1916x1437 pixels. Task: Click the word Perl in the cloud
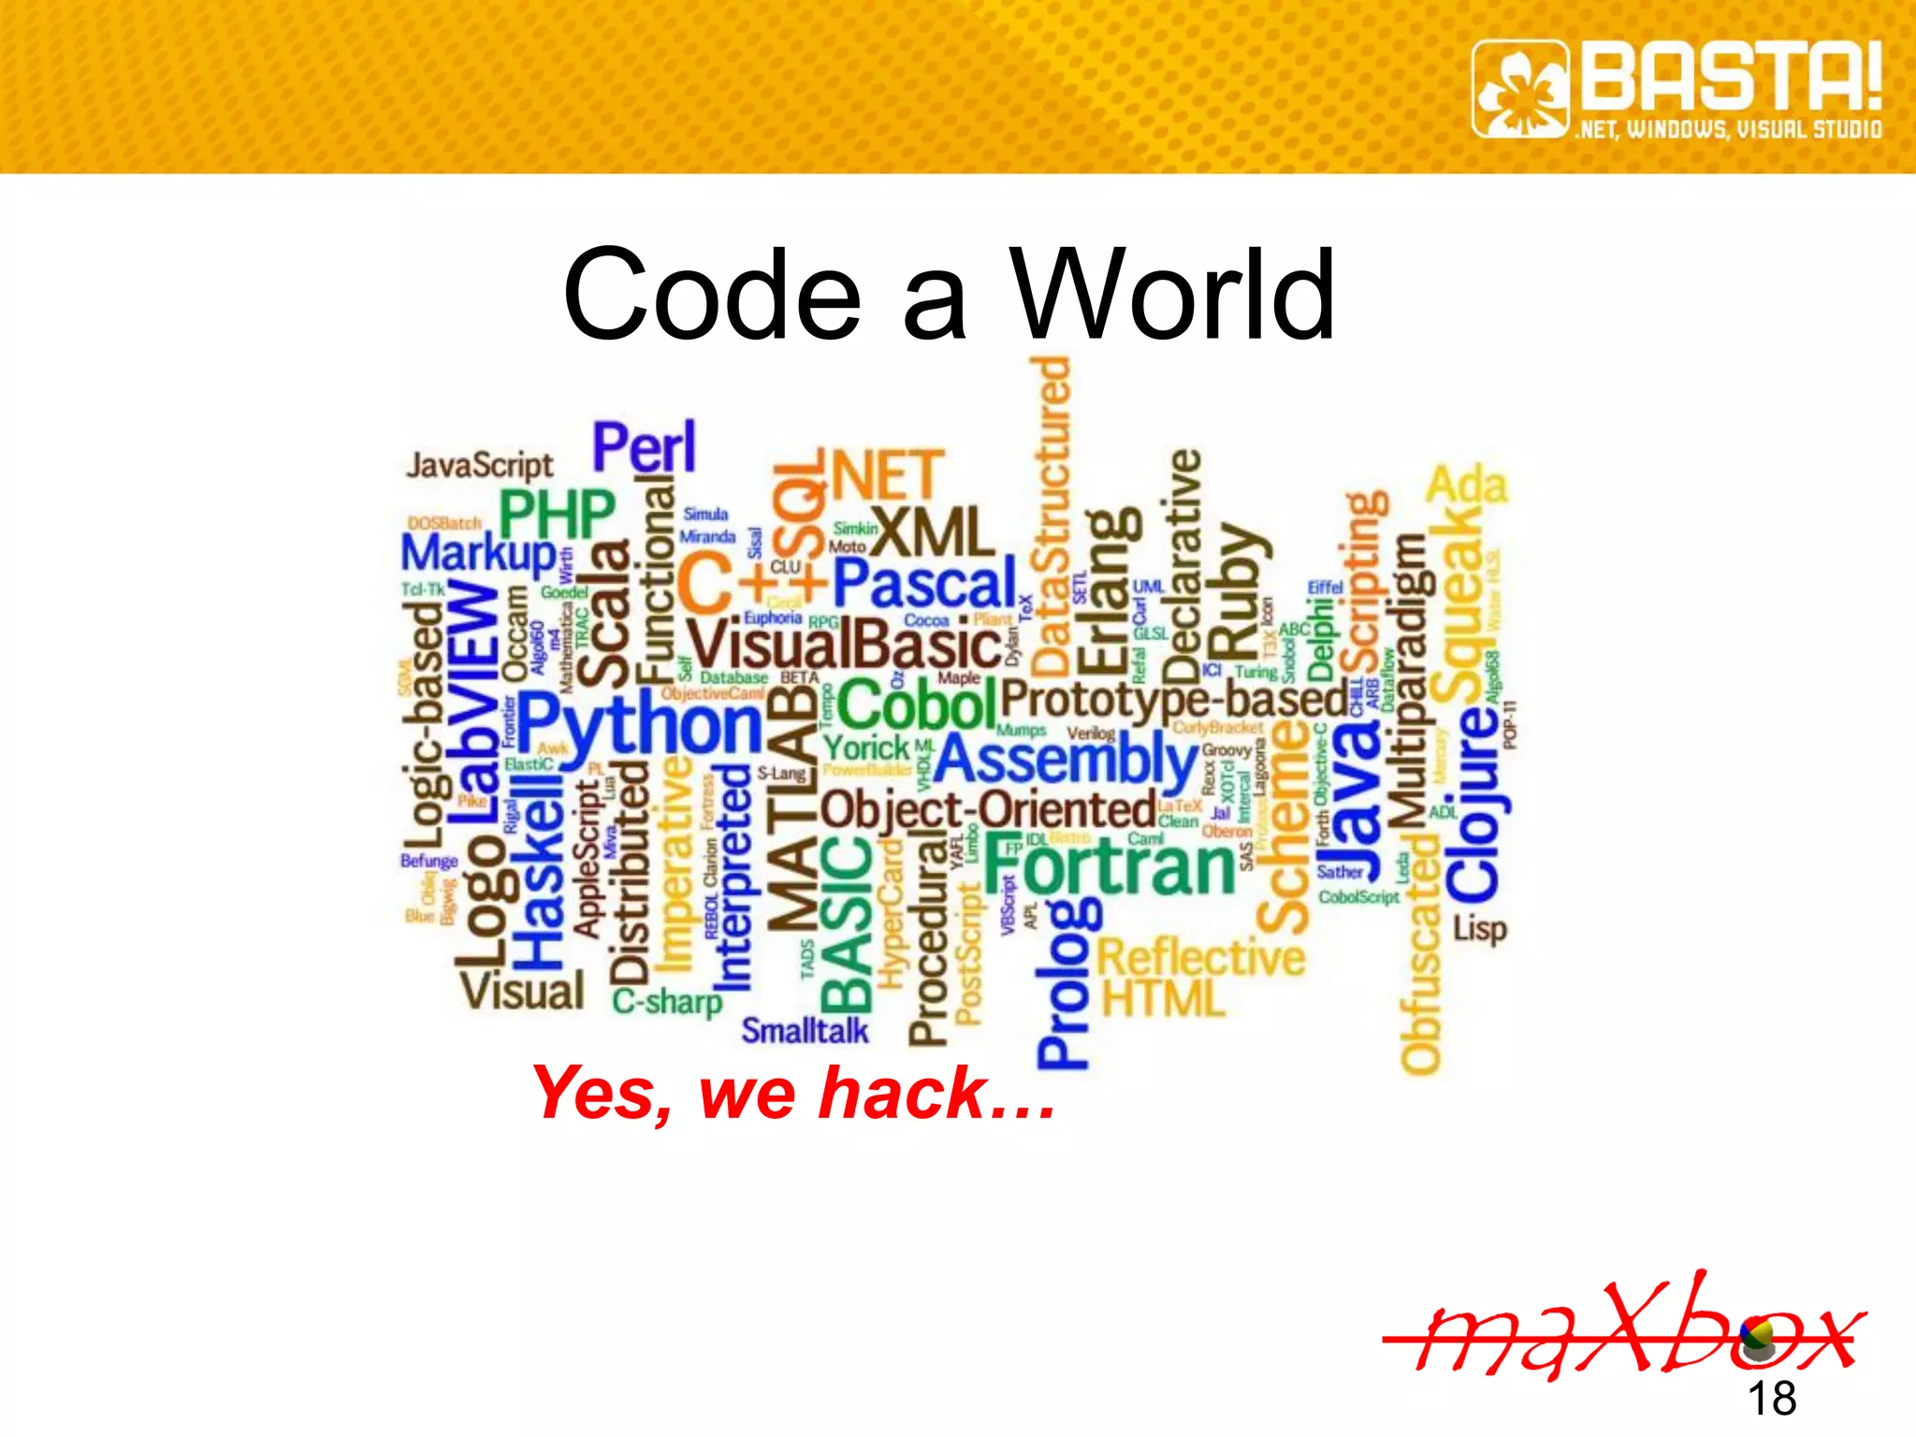[x=645, y=448]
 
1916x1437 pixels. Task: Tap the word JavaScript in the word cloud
[x=479, y=466]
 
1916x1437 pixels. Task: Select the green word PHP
[x=557, y=514]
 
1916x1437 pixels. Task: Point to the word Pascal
[x=924, y=585]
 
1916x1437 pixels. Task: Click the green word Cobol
[x=917, y=704]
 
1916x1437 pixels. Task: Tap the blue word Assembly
[x=1067, y=760]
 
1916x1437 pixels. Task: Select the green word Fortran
[x=1110, y=867]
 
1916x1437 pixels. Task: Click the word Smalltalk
[x=805, y=1031]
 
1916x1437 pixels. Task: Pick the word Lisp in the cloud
[x=1479, y=929]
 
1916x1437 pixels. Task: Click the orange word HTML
[x=1163, y=999]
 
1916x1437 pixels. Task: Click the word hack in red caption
[x=903, y=1093]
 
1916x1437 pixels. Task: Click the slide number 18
[x=1771, y=1399]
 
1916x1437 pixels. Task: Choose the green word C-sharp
[x=667, y=1002]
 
